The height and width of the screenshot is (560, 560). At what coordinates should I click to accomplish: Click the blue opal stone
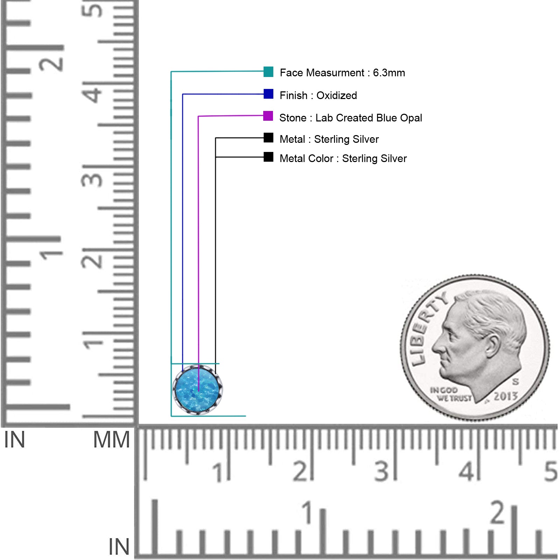pos(198,390)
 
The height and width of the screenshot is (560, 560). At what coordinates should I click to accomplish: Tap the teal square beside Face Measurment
pos(268,71)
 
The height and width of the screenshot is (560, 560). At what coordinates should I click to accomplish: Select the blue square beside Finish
pos(268,94)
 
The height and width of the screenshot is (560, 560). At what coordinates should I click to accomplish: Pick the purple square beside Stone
pos(268,116)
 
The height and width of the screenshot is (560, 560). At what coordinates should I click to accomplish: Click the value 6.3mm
pos(389,73)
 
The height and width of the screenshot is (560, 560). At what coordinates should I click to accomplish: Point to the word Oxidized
pos(337,95)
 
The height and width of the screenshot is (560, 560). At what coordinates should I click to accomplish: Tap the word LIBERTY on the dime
pos(428,327)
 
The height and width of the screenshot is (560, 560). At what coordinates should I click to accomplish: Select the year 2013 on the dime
pos(505,396)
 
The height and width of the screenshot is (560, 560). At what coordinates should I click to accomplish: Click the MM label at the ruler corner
pos(111,440)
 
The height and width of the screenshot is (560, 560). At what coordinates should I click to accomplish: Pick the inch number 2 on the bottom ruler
pos(498,512)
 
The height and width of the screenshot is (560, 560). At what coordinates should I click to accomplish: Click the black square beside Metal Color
pos(268,157)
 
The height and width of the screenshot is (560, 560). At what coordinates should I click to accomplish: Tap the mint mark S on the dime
pos(515,381)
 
